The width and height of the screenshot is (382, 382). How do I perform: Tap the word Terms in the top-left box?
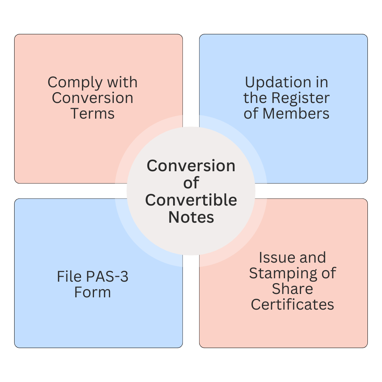(x=93, y=113)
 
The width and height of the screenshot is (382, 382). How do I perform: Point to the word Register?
(x=300, y=98)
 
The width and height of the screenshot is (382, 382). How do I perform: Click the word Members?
(x=300, y=113)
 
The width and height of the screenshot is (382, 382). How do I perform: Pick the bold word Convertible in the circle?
(x=191, y=200)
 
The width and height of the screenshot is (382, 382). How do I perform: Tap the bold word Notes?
(x=191, y=217)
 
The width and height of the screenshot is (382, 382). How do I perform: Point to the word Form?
(x=93, y=292)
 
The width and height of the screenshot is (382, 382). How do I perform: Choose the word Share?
(x=292, y=289)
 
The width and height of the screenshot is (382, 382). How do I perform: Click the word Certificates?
(x=292, y=304)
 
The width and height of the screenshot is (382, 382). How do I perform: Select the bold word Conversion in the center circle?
(x=191, y=166)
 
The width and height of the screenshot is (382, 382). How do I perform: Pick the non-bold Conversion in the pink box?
(x=93, y=98)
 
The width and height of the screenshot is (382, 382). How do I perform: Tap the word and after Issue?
(x=313, y=258)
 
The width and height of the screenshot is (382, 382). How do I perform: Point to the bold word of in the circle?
(x=191, y=183)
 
